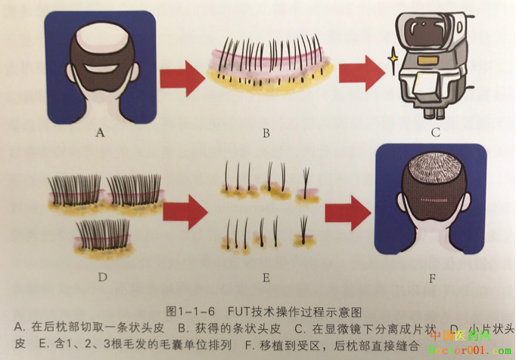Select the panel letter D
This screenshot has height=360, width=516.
tap(102, 278)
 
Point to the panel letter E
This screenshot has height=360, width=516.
tap(266, 278)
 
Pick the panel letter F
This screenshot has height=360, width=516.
tap(432, 278)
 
